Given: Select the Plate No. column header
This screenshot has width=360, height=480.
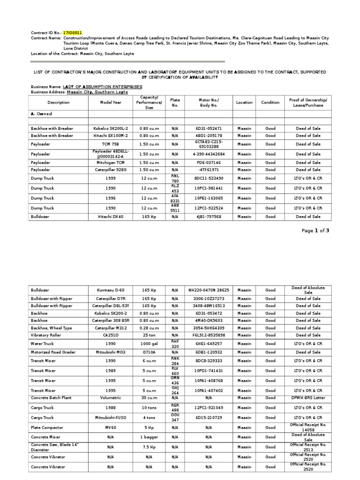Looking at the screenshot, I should [175, 102].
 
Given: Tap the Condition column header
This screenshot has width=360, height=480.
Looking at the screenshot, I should [270, 102].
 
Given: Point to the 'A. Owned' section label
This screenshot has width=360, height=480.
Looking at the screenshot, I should [41, 114].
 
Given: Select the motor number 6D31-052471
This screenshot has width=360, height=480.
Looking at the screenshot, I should [209, 128].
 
